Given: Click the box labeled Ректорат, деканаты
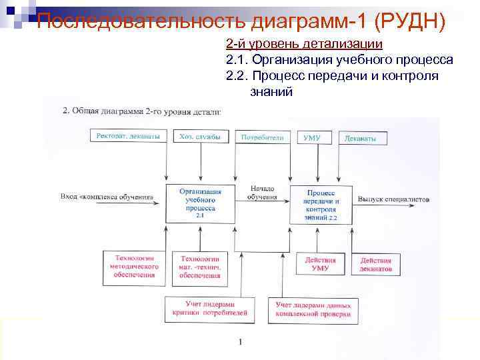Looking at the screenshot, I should (128, 137).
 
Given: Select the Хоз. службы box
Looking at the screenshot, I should (199, 137).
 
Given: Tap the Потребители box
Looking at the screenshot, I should (262, 137).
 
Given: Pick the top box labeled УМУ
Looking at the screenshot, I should (312, 137).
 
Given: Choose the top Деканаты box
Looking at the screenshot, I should (365, 138).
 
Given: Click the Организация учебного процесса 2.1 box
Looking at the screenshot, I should (200, 203).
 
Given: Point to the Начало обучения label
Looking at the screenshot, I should (262, 192).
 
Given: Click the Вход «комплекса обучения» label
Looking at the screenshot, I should (106, 198).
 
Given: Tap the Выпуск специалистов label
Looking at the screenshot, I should (393, 199).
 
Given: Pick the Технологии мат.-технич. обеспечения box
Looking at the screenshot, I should (200, 265).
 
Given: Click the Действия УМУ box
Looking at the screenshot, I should (320, 264).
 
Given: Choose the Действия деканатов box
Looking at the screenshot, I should (376, 265).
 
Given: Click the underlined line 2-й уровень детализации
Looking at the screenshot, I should (304, 44).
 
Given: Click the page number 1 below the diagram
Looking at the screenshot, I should (240, 343).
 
